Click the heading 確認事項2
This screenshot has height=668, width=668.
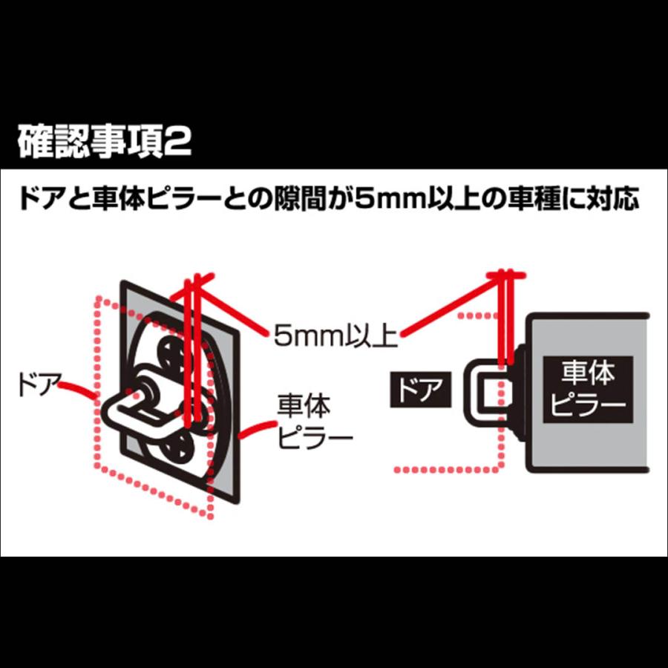[104, 142]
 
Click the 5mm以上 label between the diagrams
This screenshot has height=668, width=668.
[335, 335]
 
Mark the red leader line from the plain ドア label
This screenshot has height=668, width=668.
[79, 391]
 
